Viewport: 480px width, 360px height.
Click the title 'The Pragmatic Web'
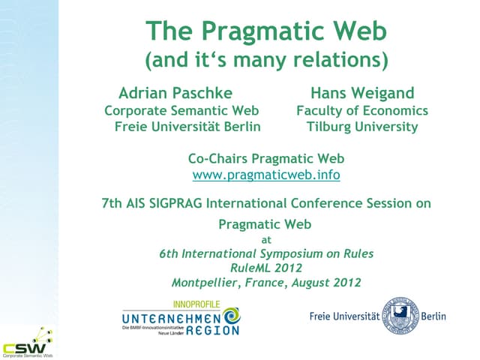click(x=265, y=31)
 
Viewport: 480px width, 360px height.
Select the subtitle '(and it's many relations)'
click(x=265, y=60)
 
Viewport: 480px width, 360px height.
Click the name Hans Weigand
click(x=362, y=93)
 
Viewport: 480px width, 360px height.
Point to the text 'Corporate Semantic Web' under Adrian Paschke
click(x=181, y=110)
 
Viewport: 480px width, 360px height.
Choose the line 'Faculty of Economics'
click(x=362, y=110)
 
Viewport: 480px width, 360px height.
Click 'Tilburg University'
click(x=362, y=127)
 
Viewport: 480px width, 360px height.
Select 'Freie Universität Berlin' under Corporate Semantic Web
click(x=187, y=127)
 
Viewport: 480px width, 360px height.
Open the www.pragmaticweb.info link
click(x=266, y=175)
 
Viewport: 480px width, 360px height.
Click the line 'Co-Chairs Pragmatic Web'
click(x=266, y=158)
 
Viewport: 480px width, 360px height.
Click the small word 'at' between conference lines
click(x=265, y=240)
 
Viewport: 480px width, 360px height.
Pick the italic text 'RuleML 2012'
click(x=265, y=268)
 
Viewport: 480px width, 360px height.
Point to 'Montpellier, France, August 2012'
click(x=265, y=283)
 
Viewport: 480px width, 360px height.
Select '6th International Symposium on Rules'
click(x=266, y=254)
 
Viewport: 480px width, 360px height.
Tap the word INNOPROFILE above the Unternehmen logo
click(x=197, y=304)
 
